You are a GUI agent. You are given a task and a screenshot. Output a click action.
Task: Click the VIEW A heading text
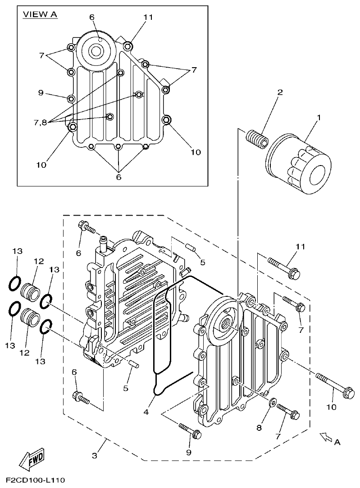pyautogui.click(x=40, y=14)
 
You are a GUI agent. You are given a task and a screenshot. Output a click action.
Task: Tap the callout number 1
pyautogui.click(x=319, y=118)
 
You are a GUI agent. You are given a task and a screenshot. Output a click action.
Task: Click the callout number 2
pyautogui.click(x=280, y=92)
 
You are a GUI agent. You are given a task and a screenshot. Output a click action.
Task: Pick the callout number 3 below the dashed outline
pyautogui.click(x=95, y=456)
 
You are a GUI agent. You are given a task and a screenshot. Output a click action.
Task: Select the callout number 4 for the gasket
pyautogui.click(x=145, y=412)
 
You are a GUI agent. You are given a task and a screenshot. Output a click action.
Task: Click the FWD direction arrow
pyautogui.click(x=32, y=460)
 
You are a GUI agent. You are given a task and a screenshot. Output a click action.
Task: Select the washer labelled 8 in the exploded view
pyautogui.click(x=272, y=401)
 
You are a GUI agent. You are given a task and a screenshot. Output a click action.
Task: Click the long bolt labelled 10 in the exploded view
pyautogui.click(x=334, y=385)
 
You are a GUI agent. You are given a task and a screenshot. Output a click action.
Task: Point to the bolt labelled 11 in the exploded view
pyautogui.click(x=283, y=266)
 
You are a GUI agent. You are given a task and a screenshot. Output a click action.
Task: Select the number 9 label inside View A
pyautogui.click(x=40, y=93)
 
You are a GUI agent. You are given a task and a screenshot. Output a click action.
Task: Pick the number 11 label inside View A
pyautogui.click(x=148, y=17)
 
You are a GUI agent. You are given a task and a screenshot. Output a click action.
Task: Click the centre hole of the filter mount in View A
pyautogui.click(x=96, y=51)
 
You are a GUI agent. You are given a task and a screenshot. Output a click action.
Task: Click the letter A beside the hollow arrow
pyautogui.click(x=337, y=442)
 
